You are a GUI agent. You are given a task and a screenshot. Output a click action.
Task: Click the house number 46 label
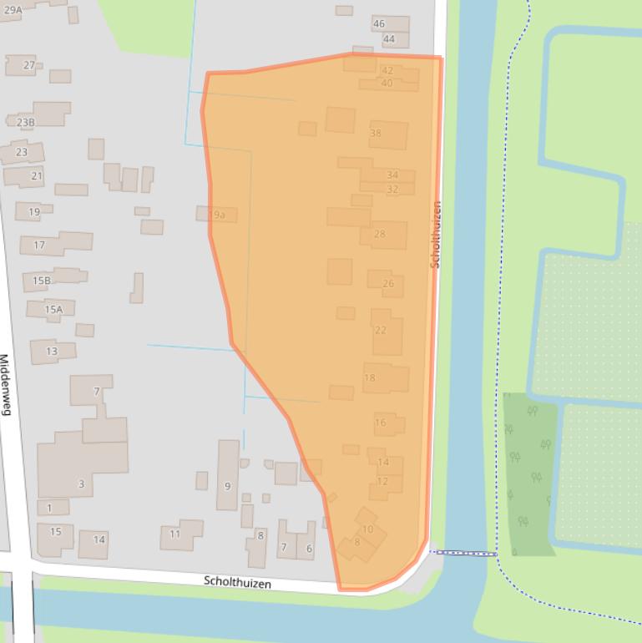click(379, 24)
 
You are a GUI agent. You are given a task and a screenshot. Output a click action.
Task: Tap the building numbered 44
click(389, 39)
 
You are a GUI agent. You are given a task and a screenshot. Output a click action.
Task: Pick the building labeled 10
click(367, 529)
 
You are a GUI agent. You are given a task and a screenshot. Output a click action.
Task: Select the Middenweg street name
click(6, 384)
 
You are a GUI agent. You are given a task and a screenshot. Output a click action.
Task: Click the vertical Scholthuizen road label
click(435, 234)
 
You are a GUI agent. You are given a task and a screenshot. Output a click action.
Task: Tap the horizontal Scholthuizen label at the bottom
click(237, 582)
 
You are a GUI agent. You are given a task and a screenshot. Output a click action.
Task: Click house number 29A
click(13, 10)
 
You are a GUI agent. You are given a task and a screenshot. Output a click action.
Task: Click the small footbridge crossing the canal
click(463, 553)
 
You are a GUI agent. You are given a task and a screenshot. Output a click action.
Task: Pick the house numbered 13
click(52, 352)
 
